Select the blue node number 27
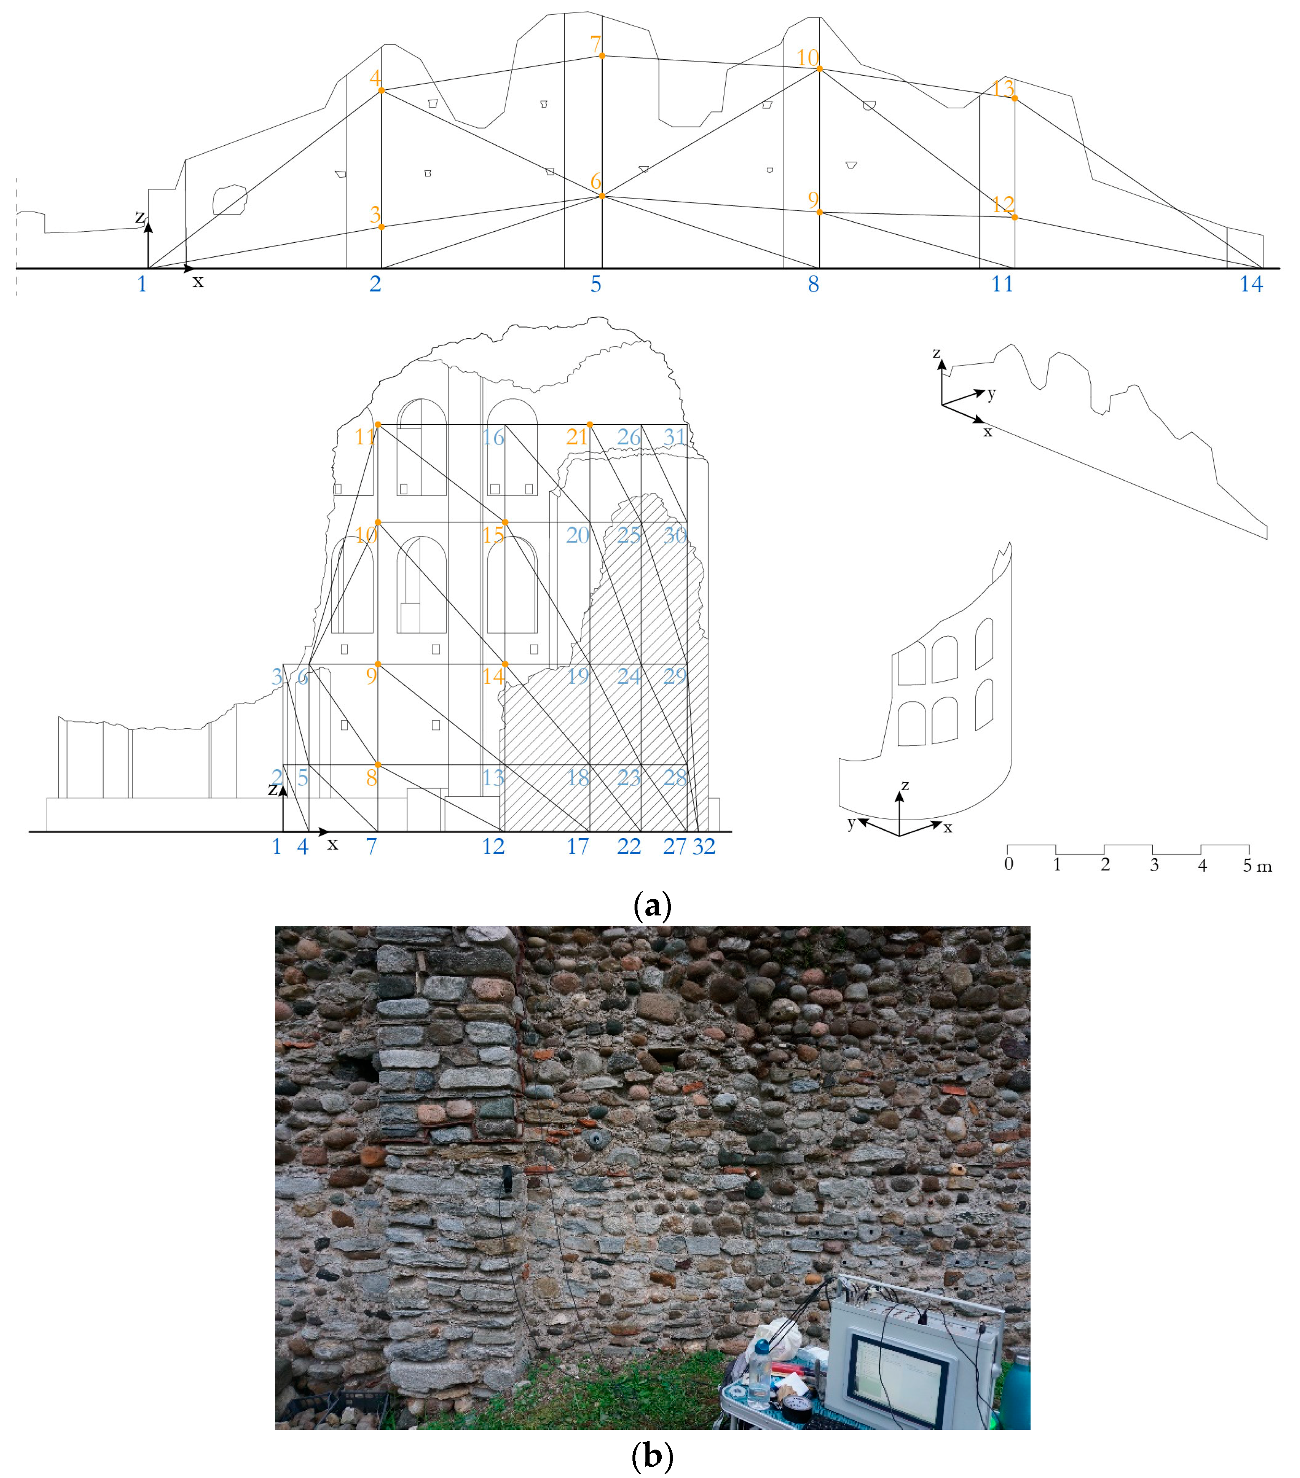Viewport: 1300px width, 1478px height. pos(674,846)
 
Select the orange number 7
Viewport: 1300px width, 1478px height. pos(595,44)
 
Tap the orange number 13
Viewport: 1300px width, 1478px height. pos(1003,88)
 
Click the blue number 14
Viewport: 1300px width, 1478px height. pos(1251,284)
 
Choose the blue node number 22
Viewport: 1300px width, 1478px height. pos(629,846)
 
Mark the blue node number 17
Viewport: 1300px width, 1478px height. pos(577,846)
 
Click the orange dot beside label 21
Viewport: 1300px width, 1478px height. pos(589,424)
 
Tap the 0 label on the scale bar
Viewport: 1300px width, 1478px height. pos(1008,864)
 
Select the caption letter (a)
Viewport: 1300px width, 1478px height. pos(652,905)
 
